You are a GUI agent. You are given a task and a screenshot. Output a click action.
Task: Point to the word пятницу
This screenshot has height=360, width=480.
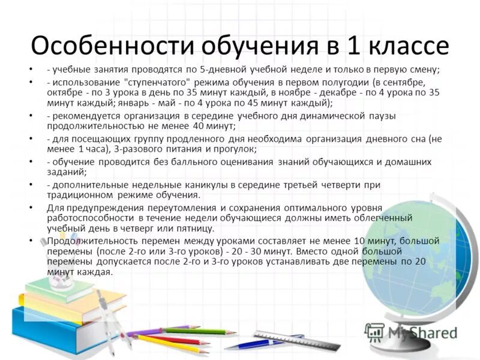196,229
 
